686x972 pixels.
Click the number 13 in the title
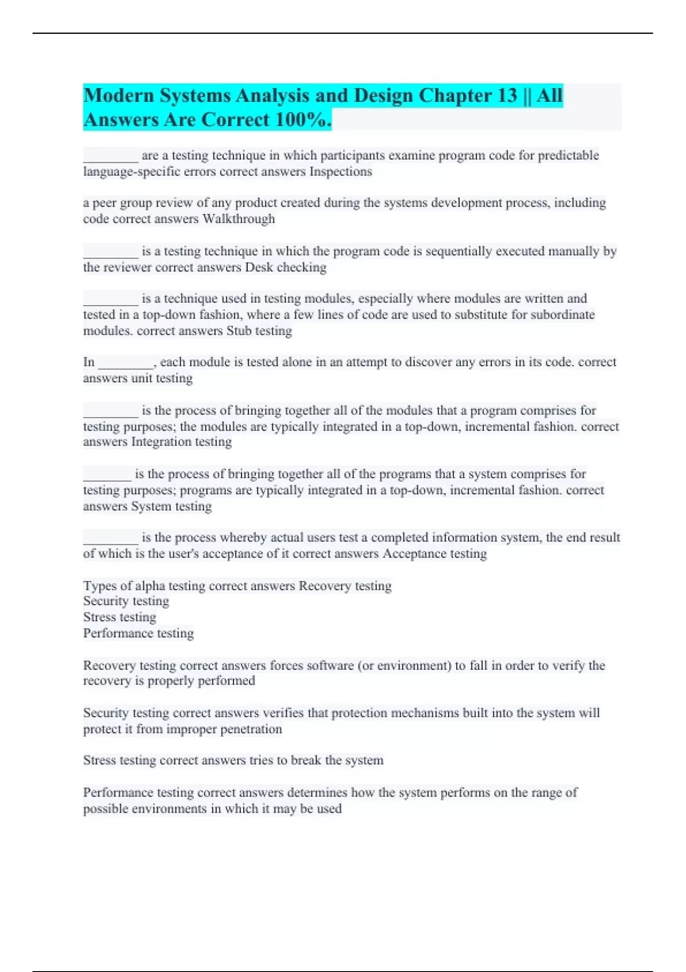click(x=507, y=95)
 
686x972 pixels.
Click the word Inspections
click(x=341, y=172)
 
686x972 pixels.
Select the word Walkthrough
click(x=238, y=219)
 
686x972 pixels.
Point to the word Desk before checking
click(x=259, y=267)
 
